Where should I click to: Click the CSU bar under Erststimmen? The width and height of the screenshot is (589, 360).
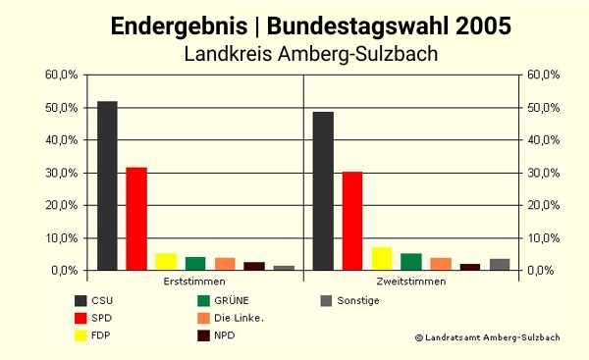point(107,185)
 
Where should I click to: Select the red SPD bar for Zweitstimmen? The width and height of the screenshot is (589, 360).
point(352,221)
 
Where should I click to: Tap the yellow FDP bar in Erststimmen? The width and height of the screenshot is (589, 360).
point(166,262)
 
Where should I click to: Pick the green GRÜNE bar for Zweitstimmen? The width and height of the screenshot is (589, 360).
point(411,262)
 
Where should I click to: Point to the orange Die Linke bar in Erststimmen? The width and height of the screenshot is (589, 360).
point(225,264)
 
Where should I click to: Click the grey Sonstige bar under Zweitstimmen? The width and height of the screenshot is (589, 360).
point(500,264)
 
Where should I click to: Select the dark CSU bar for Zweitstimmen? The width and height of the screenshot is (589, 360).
point(323,190)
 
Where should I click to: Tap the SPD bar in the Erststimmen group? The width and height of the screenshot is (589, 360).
point(136,219)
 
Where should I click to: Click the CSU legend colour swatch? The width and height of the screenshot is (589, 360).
point(81,301)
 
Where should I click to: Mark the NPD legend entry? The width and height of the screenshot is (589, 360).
point(225,335)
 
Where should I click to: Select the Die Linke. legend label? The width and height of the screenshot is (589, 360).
point(239,318)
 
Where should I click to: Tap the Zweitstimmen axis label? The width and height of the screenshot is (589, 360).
point(410,282)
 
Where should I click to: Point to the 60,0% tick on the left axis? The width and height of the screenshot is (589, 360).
point(61,75)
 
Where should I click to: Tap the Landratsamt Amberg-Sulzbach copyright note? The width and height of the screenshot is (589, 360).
point(487,337)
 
